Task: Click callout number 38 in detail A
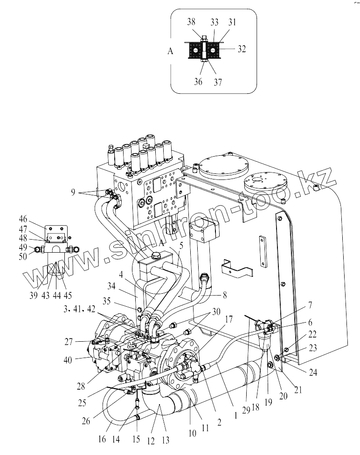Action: click(x=191, y=22)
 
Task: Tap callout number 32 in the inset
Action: click(x=242, y=49)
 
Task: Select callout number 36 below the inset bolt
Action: click(x=198, y=82)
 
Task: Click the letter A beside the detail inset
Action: click(x=170, y=51)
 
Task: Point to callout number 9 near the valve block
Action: click(x=73, y=192)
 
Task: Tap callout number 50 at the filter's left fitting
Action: click(x=23, y=256)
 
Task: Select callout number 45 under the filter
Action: click(x=67, y=296)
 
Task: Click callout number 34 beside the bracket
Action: click(x=111, y=286)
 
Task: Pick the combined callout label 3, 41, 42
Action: click(x=79, y=309)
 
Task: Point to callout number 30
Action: click(x=216, y=312)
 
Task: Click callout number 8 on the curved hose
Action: click(x=224, y=295)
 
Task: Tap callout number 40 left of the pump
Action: click(x=68, y=360)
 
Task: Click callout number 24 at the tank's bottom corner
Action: click(x=313, y=372)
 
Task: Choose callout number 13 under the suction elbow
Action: click(x=166, y=441)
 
